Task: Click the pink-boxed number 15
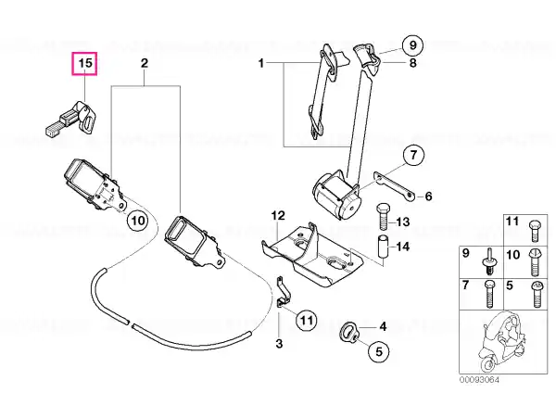(x=84, y=64)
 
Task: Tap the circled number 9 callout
(x=412, y=45)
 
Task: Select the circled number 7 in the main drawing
(x=414, y=156)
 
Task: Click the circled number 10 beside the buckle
(x=138, y=221)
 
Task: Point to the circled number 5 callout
(x=379, y=351)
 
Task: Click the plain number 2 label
(x=145, y=63)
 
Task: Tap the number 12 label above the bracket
(x=278, y=215)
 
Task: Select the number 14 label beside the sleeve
(x=402, y=247)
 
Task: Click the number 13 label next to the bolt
(x=402, y=222)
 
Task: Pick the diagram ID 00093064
(x=479, y=380)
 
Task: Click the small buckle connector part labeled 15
(x=72, y=119)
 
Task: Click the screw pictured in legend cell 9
(x=490, y=261)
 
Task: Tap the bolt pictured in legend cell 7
(x=488, y=295)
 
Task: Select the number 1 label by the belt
(x=261, y=63)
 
